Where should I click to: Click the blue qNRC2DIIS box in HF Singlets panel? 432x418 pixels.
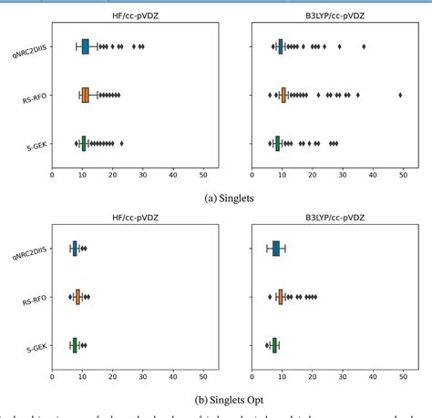pyautogui.click(x=86, y=46)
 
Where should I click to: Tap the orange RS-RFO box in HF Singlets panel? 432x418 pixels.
pyautogui.click(x=86, y=95)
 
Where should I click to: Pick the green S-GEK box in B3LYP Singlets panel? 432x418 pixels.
pyautogui.click(x=277, y=143)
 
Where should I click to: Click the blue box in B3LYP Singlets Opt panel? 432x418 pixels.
pyautogui.click(x=275, y=248)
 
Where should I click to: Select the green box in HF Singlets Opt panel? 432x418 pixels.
pyautogui.click(x=75, y=344)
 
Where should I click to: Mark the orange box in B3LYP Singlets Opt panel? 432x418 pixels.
pyautogui.click(x=281, y=296)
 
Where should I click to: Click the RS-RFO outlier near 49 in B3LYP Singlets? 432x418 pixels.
pyautogui.click(x=400, y=95)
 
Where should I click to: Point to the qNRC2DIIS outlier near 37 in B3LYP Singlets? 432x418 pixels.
pyautogui.click(x=364, y=46)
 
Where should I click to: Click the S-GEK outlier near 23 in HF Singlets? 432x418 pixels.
pyautogui.click(x=121, y=143)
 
